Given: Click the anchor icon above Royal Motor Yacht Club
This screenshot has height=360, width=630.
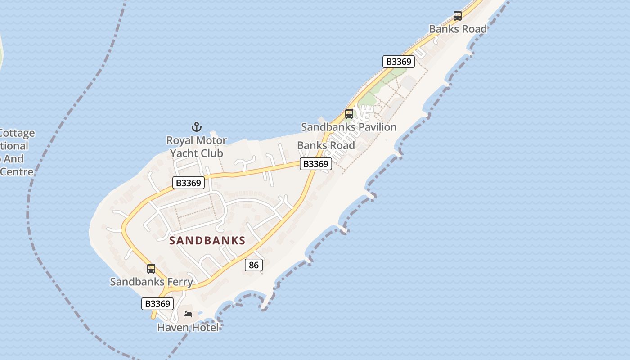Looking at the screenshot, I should [197, 127].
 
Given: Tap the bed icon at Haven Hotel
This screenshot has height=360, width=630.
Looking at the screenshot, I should [188, 314].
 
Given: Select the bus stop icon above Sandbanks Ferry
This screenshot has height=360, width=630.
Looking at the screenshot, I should [151, 269].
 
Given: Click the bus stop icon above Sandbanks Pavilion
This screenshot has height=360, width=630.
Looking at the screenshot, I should [349, 114].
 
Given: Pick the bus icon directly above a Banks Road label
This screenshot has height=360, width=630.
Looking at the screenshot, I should [458, 16].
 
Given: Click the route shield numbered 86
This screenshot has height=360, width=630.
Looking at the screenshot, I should [254, 265].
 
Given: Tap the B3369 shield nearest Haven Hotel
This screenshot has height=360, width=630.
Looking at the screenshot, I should [157, 304].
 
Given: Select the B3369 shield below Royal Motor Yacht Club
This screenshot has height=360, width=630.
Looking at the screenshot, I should [189, 183].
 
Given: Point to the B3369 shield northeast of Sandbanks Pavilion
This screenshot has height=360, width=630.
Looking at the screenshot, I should [399, 62].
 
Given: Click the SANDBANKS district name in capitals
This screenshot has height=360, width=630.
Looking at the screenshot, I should [207, 240].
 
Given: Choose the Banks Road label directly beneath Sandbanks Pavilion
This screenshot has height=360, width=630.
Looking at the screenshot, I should [326, 145].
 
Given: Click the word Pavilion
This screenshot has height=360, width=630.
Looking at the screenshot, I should [374, 127].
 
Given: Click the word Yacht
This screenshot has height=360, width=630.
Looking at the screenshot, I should [184, 153].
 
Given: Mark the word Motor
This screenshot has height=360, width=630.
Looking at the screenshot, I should [211, 140].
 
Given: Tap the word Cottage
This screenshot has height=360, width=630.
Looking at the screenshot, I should [17, 133].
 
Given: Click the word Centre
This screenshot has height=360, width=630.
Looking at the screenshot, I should [17, 172].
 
